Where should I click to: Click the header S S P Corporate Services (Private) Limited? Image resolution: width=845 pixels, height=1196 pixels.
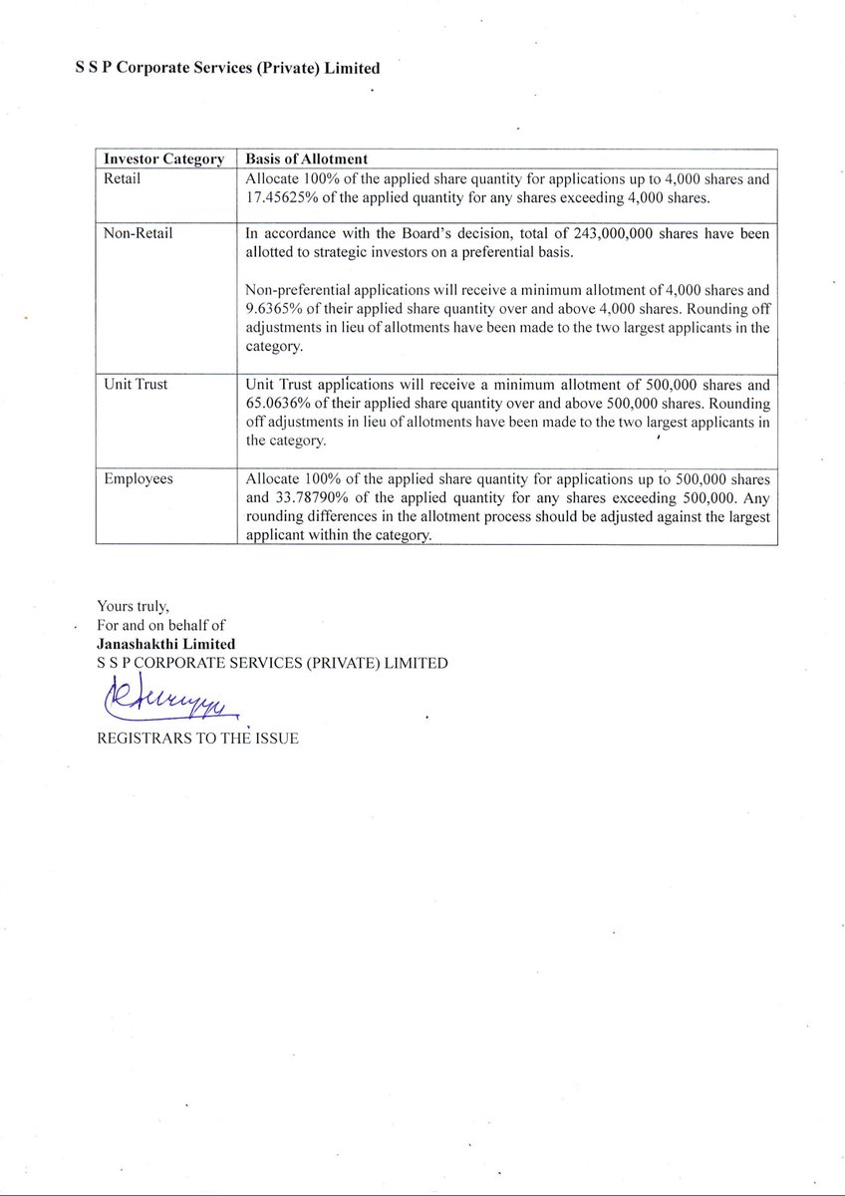click(x=227, y=69)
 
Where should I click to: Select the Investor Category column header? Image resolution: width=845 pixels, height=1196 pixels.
click(x=163, y=159)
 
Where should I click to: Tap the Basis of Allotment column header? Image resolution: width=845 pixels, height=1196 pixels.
click(x=306, y=159)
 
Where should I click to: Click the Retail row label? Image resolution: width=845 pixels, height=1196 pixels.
click(x=123, y=179)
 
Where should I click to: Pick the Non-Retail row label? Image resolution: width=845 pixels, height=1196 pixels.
click(x=139, y=233)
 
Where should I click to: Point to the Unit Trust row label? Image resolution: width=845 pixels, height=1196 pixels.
click(x=136, y=385)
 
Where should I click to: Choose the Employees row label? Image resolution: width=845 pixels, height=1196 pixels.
click(x=139, y=479)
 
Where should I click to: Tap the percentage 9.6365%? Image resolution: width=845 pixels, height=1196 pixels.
click(x=274, y=309)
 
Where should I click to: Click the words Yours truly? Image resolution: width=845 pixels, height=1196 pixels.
click(x=133, y=605)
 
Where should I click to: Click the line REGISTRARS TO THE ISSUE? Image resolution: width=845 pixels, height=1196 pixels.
click(x=197, y=740)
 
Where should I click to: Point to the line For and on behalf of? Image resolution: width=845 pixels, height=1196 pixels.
click(x=160, y=625)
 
